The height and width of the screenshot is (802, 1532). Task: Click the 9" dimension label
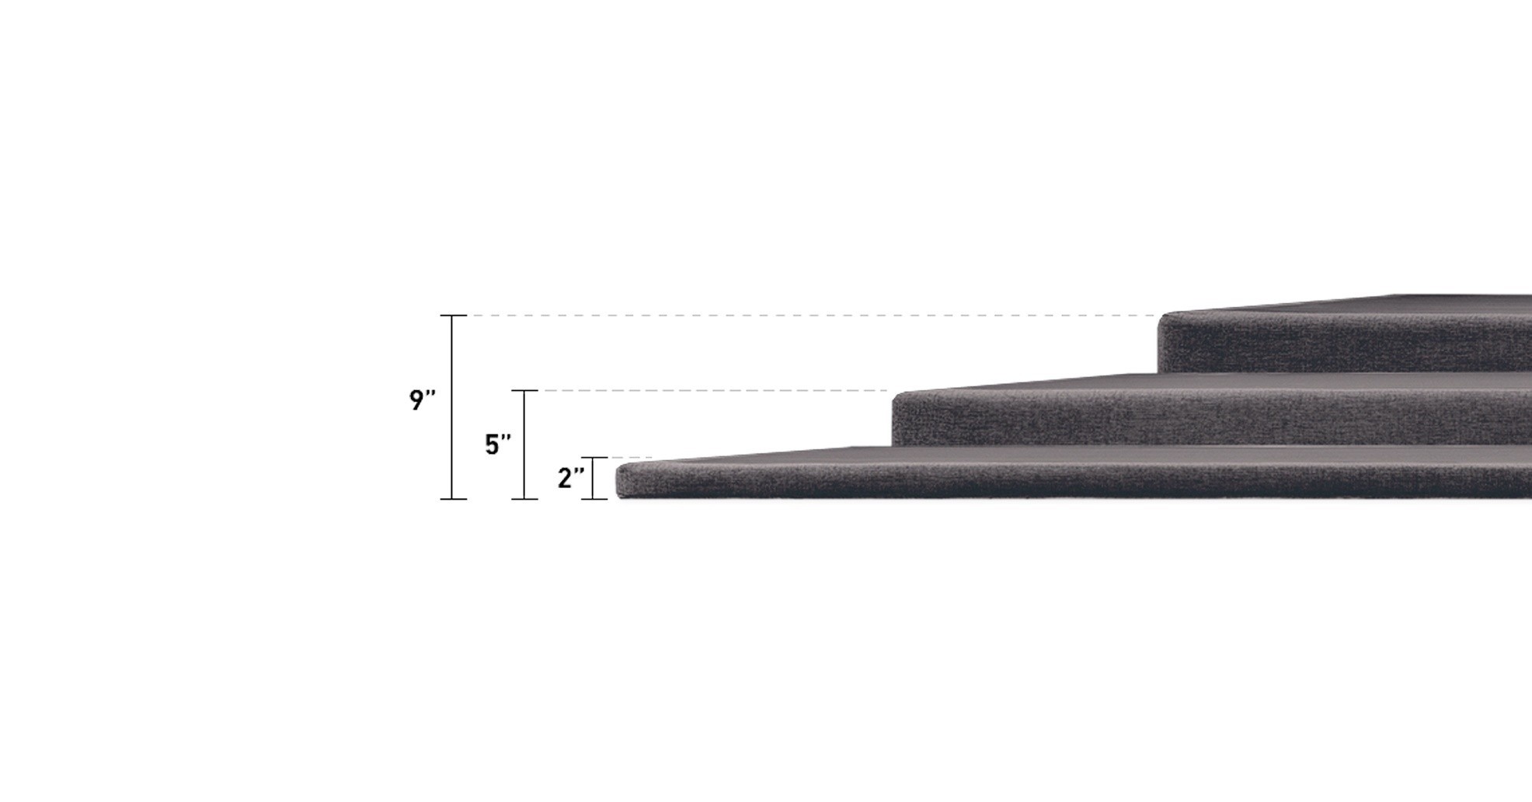tap(422, 400)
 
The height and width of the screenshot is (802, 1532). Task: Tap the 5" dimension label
tap(497, 445)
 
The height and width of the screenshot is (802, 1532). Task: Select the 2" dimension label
tap(570, 478)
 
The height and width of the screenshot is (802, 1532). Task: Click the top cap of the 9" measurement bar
tap(453, 316)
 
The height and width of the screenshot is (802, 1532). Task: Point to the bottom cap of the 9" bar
tap(453, 499)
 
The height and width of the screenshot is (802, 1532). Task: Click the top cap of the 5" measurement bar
tap(524, 390)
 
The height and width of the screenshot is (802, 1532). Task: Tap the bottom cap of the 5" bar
tap(524, 499)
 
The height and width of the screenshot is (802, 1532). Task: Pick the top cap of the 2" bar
tap(594, 458)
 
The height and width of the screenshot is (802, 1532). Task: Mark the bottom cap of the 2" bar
tap(594, 499)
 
